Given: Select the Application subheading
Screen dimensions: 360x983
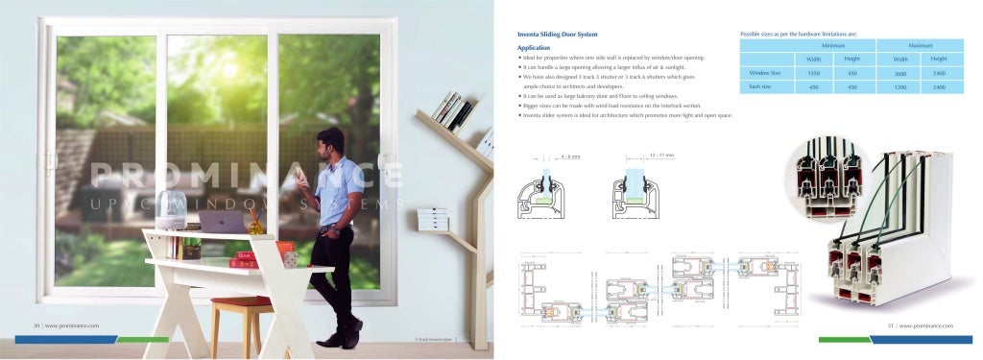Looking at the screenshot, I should pyautogui.click(x=533, y=47).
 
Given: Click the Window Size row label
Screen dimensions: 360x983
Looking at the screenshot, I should pyautogui.click(x=764, y=73).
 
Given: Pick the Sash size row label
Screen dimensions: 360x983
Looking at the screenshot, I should pyautogui.click(x=760, y=87).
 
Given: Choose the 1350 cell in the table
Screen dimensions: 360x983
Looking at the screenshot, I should pyautogui.click(x=813, y=73).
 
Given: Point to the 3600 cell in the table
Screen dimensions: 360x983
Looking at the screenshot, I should pyautogui.click(x=900, y=73).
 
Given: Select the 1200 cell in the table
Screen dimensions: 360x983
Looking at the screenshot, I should pyautogui.click(x=900, y=87).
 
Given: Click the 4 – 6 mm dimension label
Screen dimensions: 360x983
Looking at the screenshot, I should pyautogui.click(x=569, y=155).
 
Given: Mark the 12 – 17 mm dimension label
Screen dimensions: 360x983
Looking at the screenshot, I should pyautogui.click(x=661, y=154).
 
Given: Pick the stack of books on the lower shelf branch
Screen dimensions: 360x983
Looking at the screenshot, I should pyautogui.click(x=435, y=220).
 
